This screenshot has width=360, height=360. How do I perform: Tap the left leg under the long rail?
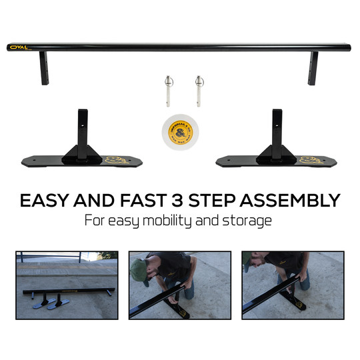[44, 69]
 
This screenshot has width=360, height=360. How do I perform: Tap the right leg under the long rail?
[313, 69]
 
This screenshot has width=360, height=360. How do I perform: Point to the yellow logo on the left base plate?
[113, 160]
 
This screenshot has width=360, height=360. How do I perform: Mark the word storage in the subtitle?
[248, 221]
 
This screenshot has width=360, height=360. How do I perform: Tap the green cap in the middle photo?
[139, 270]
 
